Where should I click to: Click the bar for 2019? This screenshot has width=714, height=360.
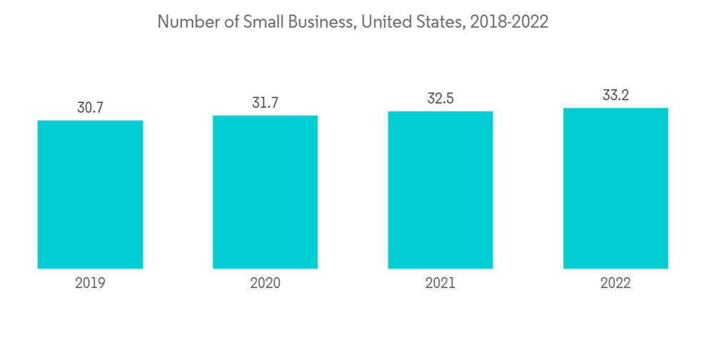point(90,194)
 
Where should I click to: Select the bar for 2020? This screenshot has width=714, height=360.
point(265,192)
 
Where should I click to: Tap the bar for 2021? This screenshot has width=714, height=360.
point(441,190)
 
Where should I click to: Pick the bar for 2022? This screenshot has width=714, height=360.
point(615,189)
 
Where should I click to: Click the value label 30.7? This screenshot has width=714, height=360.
point(90,108)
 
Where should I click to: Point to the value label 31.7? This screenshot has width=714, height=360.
point(265,103)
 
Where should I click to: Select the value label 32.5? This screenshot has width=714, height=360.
point(441,99)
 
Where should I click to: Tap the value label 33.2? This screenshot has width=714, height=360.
point(615,95)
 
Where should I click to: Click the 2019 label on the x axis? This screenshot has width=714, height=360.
point(90,284)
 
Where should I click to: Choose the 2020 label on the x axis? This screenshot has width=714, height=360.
point(265,284)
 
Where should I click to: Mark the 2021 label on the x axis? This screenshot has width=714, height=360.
point(441,284)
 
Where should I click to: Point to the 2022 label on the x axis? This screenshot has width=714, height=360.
point(615,284)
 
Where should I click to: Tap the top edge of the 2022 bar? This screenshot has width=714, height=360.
point(615,109)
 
